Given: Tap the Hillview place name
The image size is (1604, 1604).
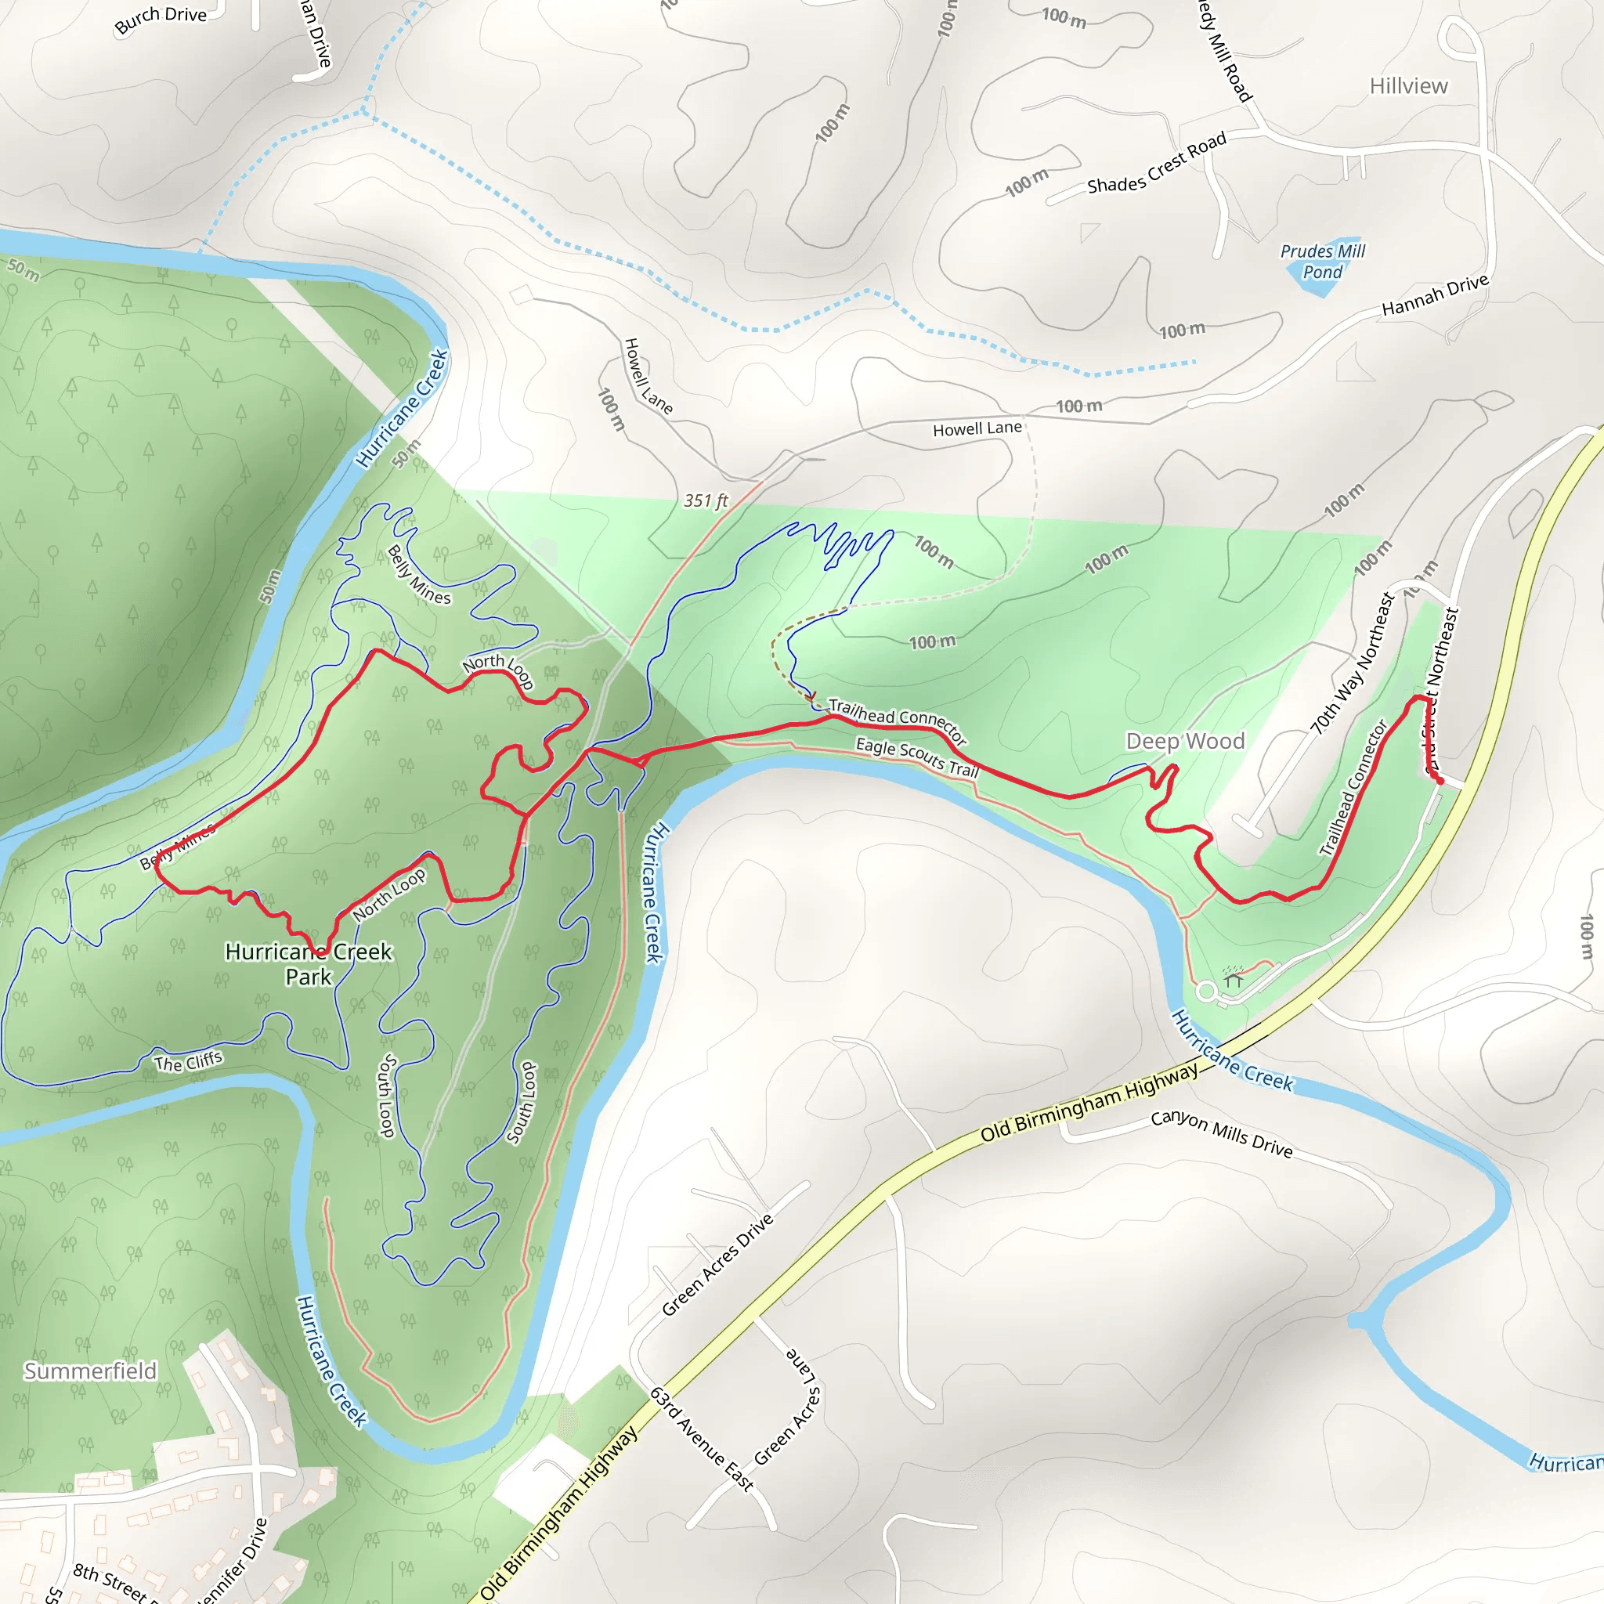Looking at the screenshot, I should (1408, 86).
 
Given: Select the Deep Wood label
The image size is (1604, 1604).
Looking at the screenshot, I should (1185, 741).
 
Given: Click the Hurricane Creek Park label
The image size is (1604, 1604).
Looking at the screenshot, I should (308, 963).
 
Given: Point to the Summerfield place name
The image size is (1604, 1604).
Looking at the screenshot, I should (89, 1371).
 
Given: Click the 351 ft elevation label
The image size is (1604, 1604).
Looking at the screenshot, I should (706, 500).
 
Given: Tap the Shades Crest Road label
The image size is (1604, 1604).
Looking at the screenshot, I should (1157, 164).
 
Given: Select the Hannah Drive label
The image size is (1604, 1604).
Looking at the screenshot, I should (1435, 295).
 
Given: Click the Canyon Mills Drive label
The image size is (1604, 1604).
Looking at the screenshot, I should (1221, 1134).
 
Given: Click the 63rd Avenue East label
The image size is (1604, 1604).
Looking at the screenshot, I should (702, 1439).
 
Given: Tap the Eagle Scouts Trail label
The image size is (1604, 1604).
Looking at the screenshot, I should (917, 757).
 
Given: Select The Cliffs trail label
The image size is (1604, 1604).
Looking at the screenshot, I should (189, 1062).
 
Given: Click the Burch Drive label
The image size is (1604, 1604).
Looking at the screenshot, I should (161, 20).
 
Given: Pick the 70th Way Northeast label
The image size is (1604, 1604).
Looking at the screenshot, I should (1353, 664).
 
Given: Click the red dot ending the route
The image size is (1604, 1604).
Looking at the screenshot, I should (1440, 781).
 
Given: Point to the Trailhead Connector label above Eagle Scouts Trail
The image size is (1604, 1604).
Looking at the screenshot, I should (898, 718).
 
